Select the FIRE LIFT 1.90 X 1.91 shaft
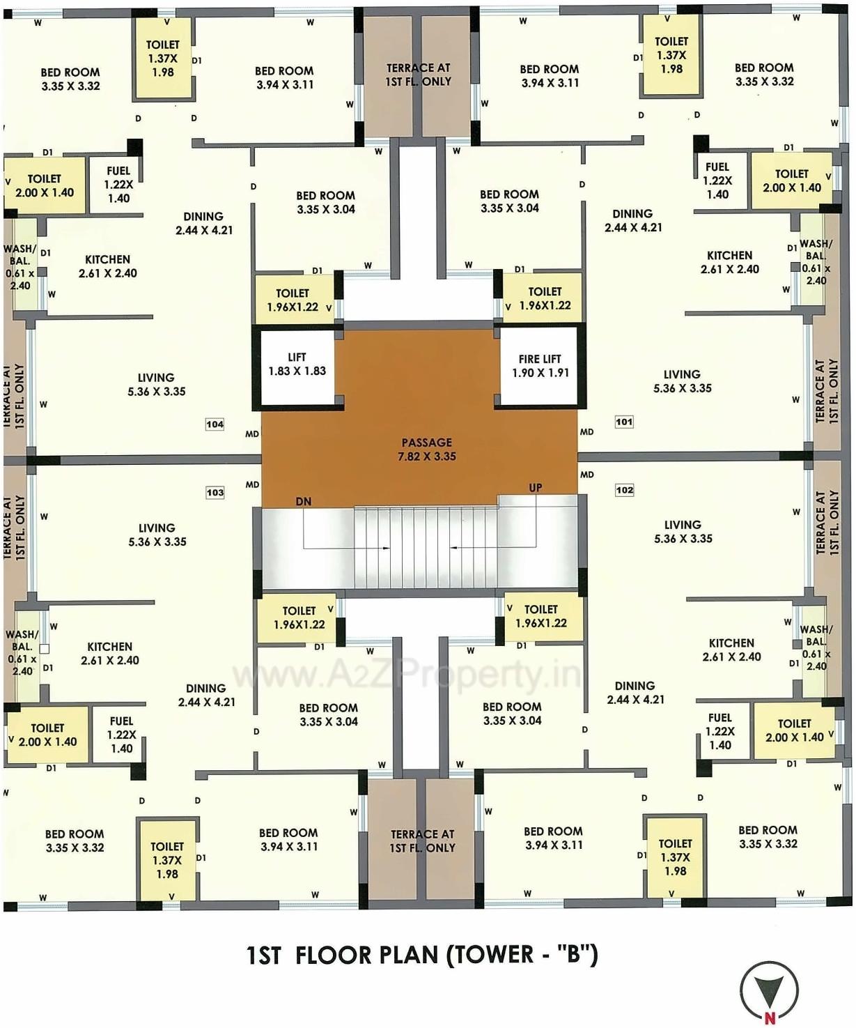pyautogui.click(x=540, y=367)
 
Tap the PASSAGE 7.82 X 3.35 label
pyautogui.click(x=426, y=450)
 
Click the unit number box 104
pyautogui.click(x=215, y=424)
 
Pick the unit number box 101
pyautogui.click(x=624, y=422)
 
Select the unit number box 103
pyautogui.click(x=215, y=492)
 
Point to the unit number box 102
pyautogui.click(x=625, y=490)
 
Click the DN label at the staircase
pyautogui.click(x=303, y=502)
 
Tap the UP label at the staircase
pyautogui.click(x=535, y=488)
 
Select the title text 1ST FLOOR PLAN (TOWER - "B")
pyautogui.click(x=422, y=954)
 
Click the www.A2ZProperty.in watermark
pyautogui.click(x=406, y=674)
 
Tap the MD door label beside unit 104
pyautogui.click(x=252, y=434)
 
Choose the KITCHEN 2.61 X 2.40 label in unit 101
pyautogui.click(x=729, y=263)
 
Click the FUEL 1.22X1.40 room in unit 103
pyautogui.click(x=121, y=735)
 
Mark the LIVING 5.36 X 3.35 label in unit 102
pyautogui.click(x=683, y=532)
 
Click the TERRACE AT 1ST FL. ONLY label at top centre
pyautogui.click(x=419, y=75)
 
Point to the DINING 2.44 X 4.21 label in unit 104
pyautogui.click(x=203, y=223)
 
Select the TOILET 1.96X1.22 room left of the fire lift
pyautogui.click(x=540, y=299)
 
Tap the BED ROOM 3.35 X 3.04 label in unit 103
pyautogui.click(x=328, y=714)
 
